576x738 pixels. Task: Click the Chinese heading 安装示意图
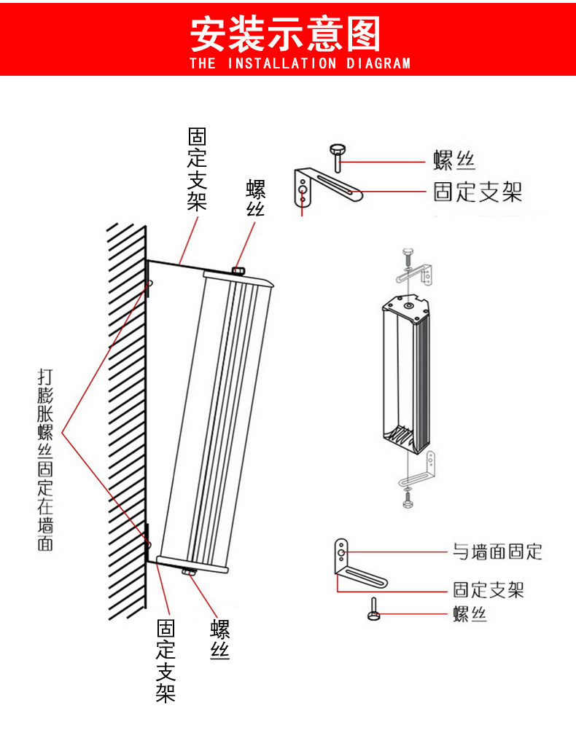pos(286,34)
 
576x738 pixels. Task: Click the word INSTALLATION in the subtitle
pos(282,63)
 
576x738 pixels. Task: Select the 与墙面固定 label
pos(497,551)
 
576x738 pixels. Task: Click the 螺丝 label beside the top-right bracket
pos(454,160)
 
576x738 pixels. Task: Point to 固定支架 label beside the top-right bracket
pos(478,192)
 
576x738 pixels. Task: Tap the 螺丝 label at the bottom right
pos(470,615)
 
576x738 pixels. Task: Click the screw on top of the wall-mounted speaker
pos(238,272)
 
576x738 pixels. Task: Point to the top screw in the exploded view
pos(408,256)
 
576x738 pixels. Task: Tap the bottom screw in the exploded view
pos(408,500)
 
